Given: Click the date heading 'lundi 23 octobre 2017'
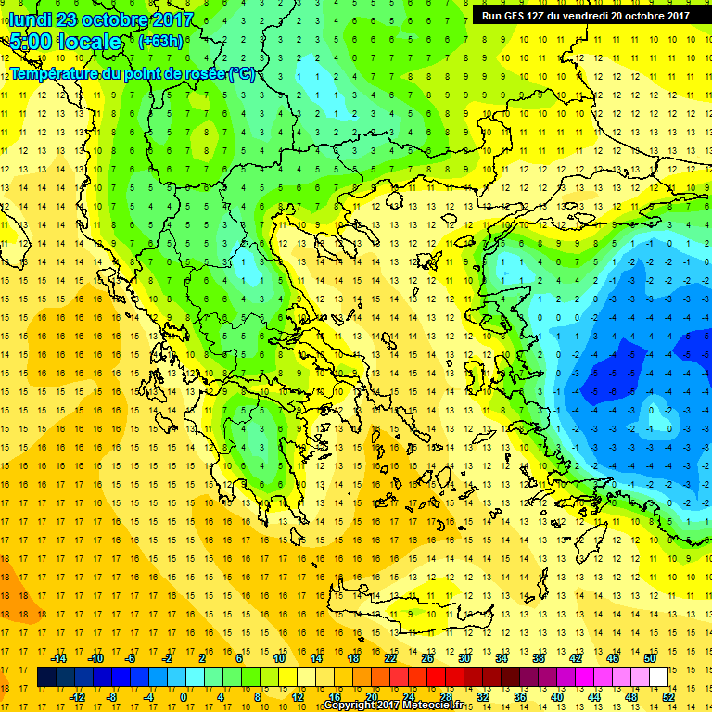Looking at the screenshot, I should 102,19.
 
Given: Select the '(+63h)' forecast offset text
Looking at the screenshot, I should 160,42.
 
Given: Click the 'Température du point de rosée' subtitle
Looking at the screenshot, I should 132,74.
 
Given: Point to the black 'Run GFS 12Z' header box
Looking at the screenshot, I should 585,15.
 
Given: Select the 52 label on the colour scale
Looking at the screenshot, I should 667,697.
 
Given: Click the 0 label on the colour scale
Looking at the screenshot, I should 184,697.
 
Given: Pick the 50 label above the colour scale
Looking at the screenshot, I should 649,657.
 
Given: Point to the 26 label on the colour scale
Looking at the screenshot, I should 426,657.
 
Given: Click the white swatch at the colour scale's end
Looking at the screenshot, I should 658,678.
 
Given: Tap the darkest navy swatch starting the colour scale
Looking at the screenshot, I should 47,678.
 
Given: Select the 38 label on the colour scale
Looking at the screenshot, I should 538,657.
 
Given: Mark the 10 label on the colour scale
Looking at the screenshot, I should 278,657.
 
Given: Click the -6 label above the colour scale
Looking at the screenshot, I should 131,657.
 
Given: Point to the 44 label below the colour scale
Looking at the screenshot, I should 593,697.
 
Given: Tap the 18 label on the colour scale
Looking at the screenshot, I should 353,657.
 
